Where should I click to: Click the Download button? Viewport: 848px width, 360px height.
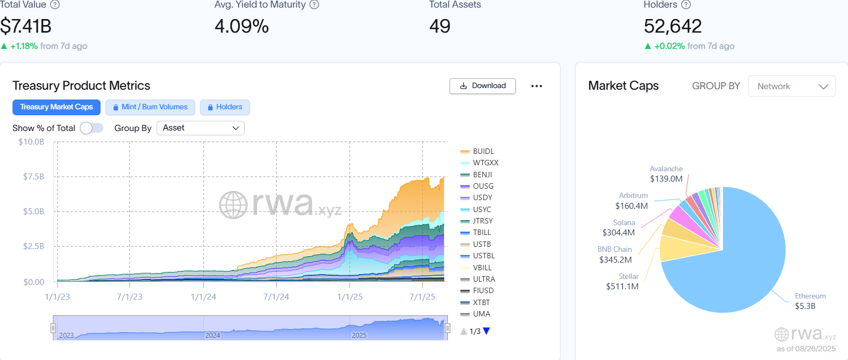483,86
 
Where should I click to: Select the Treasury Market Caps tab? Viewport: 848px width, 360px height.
57,107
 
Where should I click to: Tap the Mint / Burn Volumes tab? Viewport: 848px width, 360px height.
149,107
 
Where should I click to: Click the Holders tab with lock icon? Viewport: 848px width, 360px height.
225,107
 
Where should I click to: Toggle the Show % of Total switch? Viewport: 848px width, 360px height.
91,128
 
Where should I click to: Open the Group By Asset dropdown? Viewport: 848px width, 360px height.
201,128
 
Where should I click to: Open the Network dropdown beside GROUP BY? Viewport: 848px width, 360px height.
792,86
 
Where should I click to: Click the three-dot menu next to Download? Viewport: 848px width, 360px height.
537,86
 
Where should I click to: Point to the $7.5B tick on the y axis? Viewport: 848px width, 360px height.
32,177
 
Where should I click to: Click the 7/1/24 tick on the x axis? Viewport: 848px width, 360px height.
276,297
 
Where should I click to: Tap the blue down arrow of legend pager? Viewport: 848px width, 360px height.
486,331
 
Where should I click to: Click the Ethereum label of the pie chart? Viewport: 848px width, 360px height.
810,296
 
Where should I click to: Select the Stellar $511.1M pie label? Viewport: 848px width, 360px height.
622,282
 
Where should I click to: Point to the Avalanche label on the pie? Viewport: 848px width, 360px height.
666,169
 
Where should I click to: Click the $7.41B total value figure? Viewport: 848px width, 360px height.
26,26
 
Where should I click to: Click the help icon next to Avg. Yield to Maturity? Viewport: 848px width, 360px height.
314,5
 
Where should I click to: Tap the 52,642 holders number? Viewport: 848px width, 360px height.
672,26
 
